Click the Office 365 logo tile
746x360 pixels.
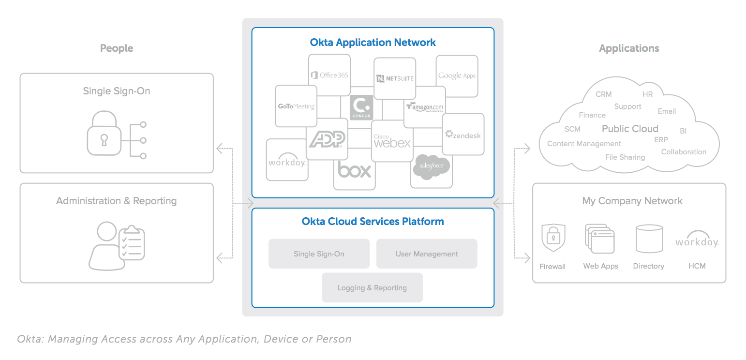(x=329, y=75)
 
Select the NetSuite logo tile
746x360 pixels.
(x=395, y=78)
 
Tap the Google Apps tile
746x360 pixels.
(x=457, y=75)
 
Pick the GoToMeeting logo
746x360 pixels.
(x=296, y=106)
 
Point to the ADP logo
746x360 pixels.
(x=327, y=139)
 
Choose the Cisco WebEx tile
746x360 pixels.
(x=392, y=141)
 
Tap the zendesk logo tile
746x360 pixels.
(x=463, y=135)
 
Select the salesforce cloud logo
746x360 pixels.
(x=431, y=167)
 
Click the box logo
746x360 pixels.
(x=354, y=171)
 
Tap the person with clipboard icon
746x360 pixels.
(x=117, y=245)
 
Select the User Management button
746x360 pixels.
(x=427, y=254)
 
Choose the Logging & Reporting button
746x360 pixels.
(x=372, y=287)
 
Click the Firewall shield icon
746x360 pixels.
(x=553, y=238)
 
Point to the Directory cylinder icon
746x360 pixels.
(x=649, y=239)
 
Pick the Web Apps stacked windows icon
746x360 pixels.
(x=600, y=239)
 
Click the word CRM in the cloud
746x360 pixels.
(x=603, y=94)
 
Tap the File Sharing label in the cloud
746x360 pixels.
(x=625, y=157)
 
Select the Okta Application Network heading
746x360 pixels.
(x=373, y=43)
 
